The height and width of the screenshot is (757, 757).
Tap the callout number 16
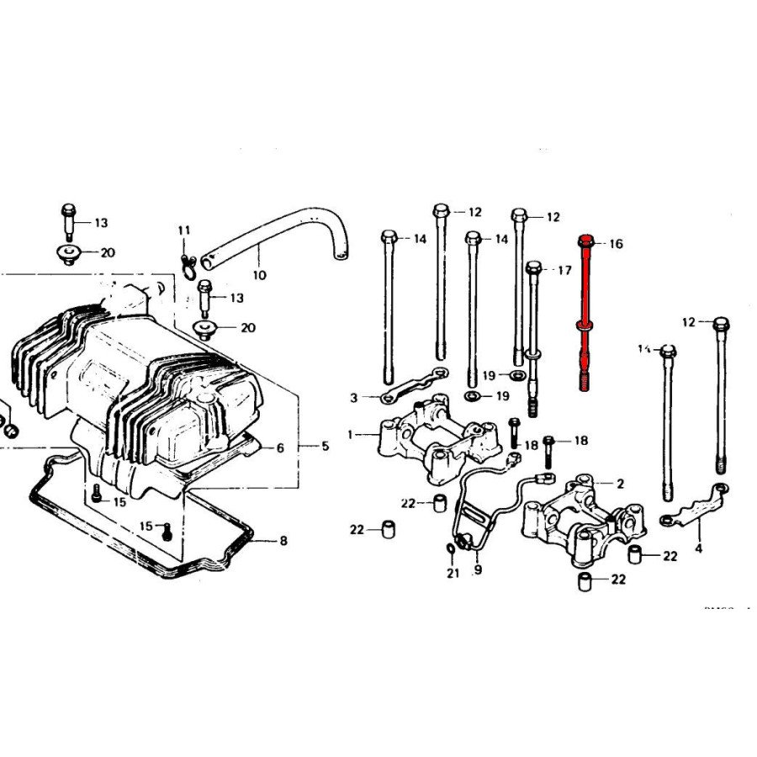616,244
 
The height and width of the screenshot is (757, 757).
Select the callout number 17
564,270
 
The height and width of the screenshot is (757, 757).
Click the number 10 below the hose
259,274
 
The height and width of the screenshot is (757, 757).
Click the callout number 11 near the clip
184,230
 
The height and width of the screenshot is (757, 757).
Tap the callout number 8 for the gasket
283,541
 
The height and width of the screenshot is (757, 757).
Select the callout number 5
326,446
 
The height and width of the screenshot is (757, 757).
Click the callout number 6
281,448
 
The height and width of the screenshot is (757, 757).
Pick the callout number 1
351,435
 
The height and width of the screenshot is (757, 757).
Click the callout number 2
620,484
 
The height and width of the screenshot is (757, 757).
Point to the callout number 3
354,397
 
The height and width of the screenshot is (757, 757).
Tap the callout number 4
698,549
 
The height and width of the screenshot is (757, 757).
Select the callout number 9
478,570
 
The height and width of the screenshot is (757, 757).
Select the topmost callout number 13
101,223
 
